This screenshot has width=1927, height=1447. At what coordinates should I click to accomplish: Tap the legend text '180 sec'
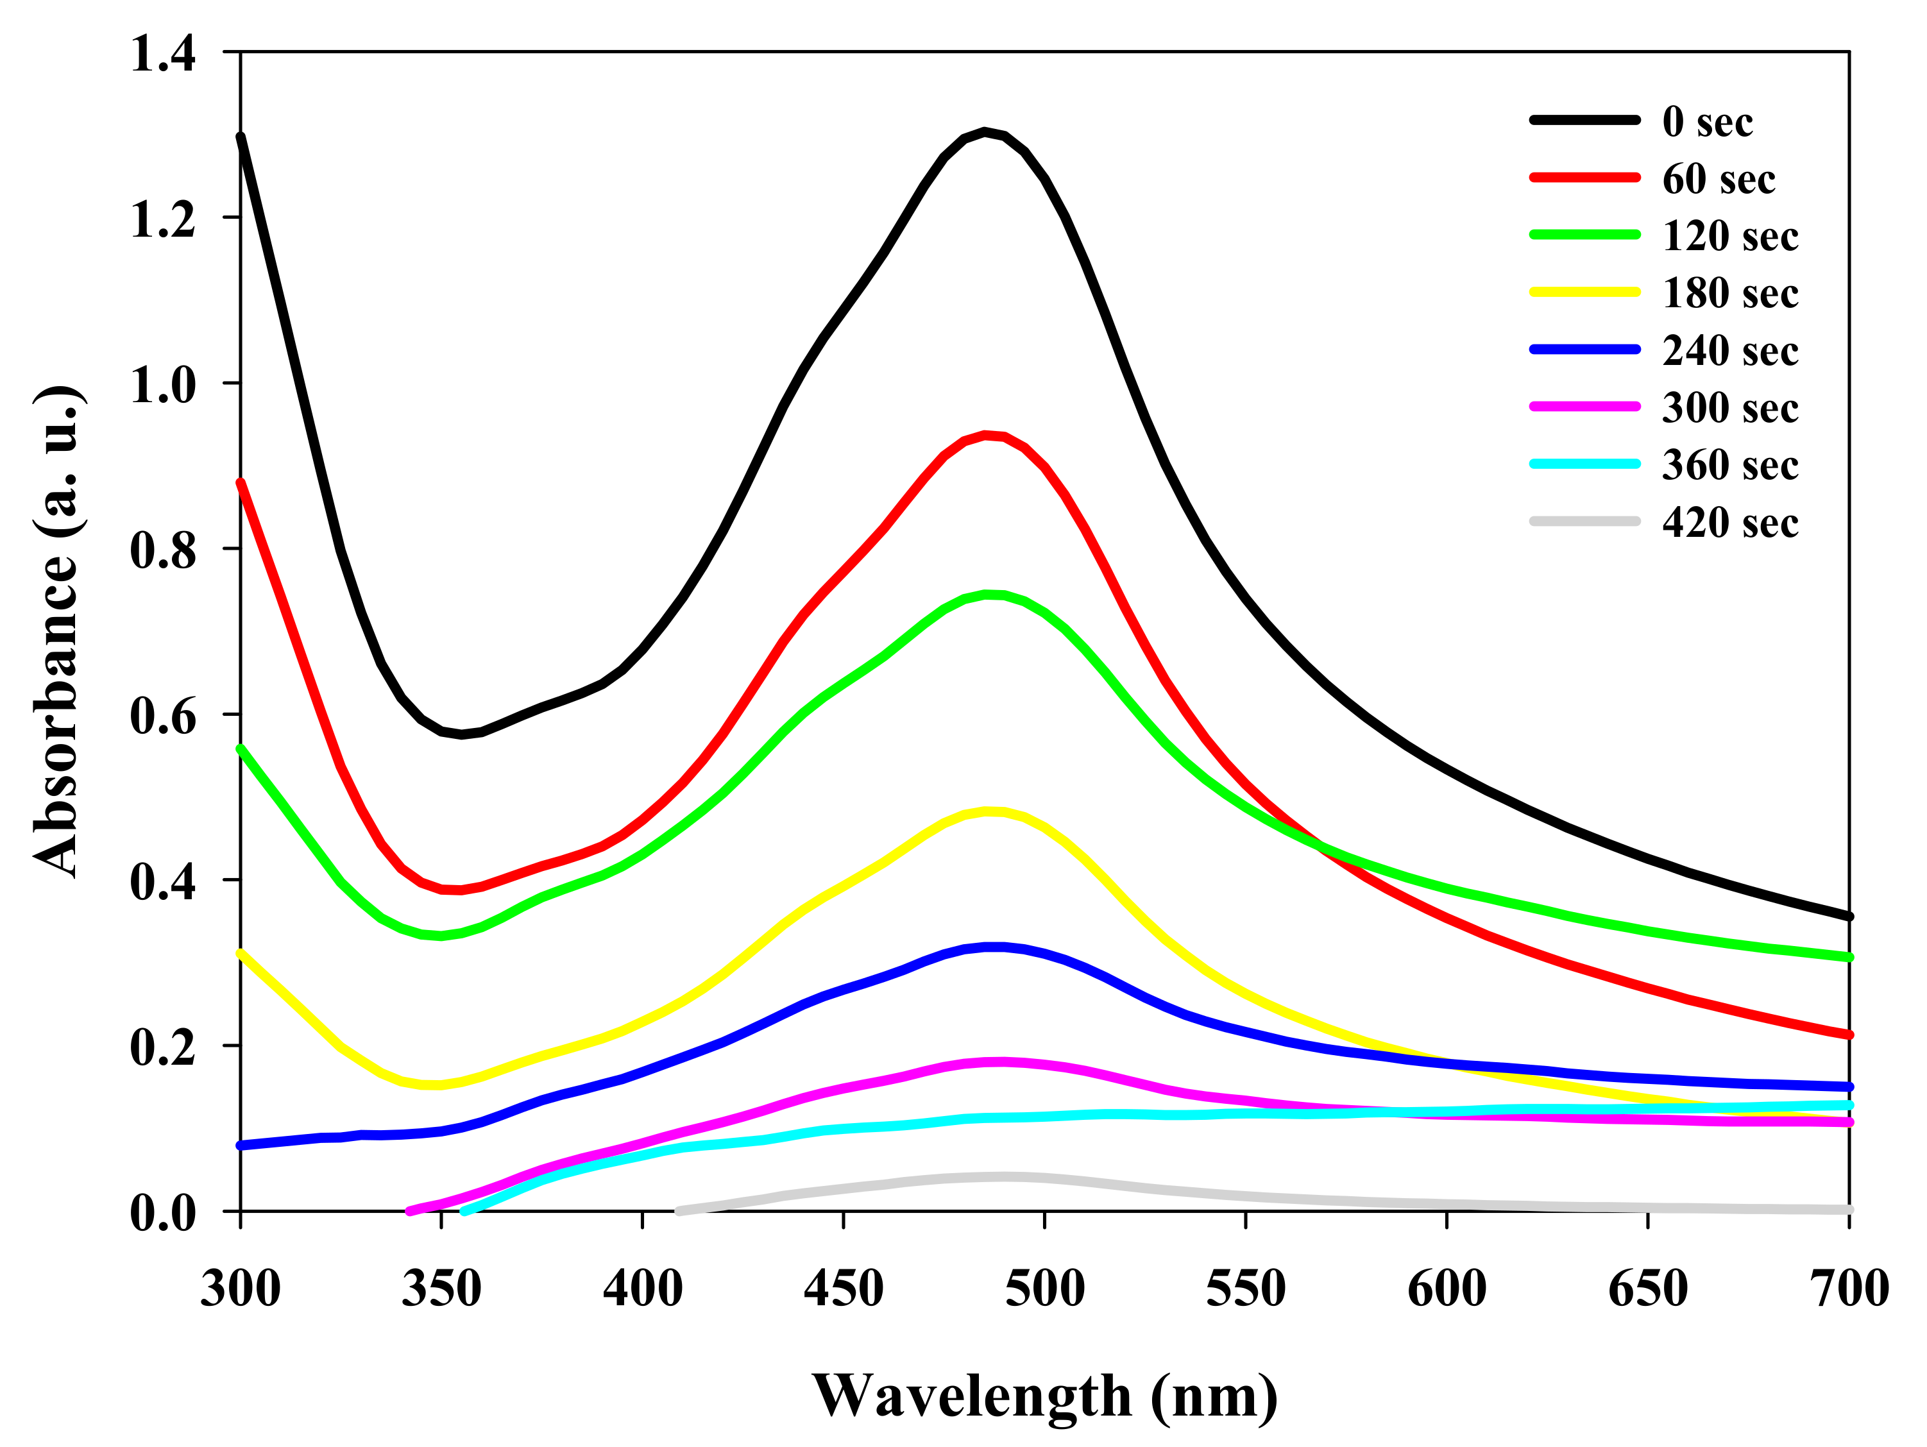coord(1729,294)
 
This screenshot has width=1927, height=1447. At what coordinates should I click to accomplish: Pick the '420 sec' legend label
coord(1729,523)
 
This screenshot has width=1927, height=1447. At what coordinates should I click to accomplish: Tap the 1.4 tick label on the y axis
coord(163,53)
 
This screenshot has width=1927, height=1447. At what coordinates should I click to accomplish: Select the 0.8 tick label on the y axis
coord(163,550)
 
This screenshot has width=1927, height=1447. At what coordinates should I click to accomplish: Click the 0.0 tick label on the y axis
coord(163,1212)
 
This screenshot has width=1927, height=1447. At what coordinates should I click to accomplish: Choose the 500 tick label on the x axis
coord(1044,1289)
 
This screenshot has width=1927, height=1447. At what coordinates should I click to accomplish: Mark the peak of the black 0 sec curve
coord(985,131)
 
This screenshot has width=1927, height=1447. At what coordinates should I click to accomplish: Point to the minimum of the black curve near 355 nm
coord(462,734)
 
